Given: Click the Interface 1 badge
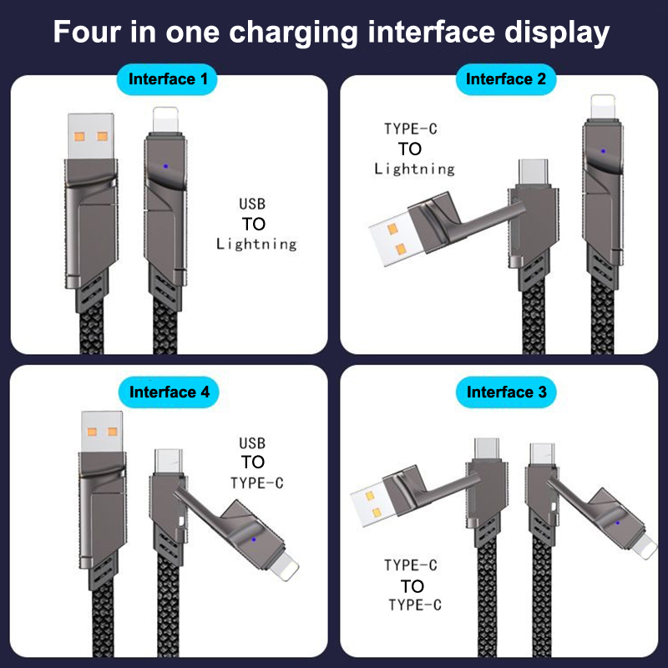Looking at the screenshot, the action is [x=167, y=79].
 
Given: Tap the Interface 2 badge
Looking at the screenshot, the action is [x=506, y=79].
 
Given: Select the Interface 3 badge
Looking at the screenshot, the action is [x=506, y=392].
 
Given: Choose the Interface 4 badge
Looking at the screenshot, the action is [x=169, y=392].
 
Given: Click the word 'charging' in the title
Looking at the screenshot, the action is [x=294, y=33].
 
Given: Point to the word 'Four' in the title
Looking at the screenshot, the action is [x=88, y=32].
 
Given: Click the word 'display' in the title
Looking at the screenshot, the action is [x=557, y=33].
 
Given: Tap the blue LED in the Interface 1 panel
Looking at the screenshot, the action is [x=165, y=166].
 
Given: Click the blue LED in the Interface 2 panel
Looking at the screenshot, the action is [x=603, y=151].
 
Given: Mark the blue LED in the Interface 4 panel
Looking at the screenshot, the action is [x=254, y=539].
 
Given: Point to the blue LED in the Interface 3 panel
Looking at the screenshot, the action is [x=617, y=523].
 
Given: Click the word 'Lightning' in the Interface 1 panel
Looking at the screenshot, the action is [x=256, y=244].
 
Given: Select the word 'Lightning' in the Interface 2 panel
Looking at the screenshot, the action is [x=414, y=170].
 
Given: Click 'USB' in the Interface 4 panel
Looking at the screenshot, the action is [x=252, y=443].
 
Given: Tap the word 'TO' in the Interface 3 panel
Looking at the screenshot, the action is [x=412, y=587].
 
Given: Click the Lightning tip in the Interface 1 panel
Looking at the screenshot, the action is [x=165, y=119].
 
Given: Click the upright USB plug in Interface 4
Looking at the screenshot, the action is [x=102, y=431].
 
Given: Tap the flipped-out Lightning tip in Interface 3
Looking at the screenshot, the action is [x=645, y=548].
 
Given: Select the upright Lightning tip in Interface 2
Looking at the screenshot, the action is [x=603, y=107].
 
